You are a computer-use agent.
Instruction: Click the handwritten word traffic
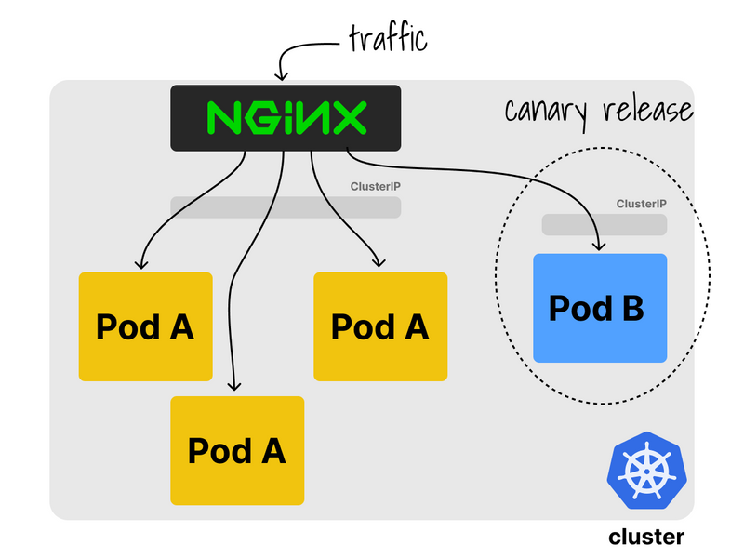(387, 39)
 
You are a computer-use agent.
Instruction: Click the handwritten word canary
(548, 110)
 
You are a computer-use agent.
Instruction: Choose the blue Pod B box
(600, 308)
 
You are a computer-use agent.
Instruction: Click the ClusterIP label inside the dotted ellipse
(641, 204)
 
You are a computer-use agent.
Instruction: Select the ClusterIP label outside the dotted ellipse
(375, 186)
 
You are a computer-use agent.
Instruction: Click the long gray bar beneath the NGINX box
(286, 206)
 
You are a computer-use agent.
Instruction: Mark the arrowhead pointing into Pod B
(600, 247)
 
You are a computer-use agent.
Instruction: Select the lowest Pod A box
(237, 451)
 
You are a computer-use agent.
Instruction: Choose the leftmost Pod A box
(145, 326)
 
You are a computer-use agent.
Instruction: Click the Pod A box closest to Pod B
(380, 326)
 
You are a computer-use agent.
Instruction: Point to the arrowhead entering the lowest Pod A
(234, 387)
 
